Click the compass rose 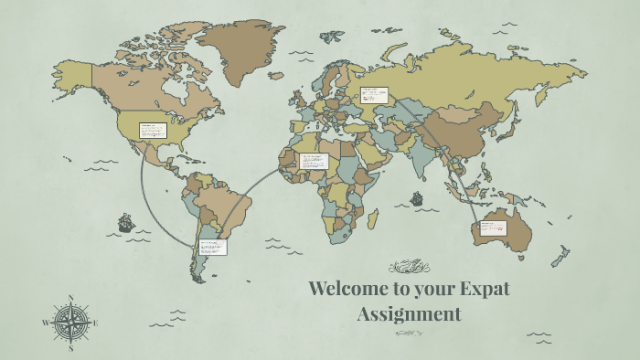click(70, 322)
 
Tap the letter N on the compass click(71, 297)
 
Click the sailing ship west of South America click(124, 222)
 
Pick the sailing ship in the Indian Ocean click(417, 197)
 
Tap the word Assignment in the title click(409, 314)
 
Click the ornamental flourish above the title click(409, 267)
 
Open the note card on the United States click(152, 130)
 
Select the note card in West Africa click(314, 161)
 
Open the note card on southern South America click(213, 246)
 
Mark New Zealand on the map click(560, 256)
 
